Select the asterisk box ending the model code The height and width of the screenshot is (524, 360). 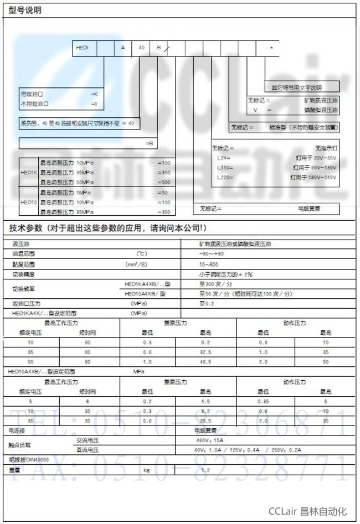click(271, 48)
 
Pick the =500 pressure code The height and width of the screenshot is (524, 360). click(164, 182)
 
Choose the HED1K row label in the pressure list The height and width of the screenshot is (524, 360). click(28, 173)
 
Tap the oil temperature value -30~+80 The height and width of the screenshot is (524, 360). click(212, 253)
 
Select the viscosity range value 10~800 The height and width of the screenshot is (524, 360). click(210, 264)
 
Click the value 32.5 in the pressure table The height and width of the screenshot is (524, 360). click(205, 351)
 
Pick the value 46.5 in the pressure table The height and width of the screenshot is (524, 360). click(205, 361)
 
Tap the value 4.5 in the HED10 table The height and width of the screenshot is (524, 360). click(205, 401)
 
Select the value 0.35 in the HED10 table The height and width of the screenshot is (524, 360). click(263, 401)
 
